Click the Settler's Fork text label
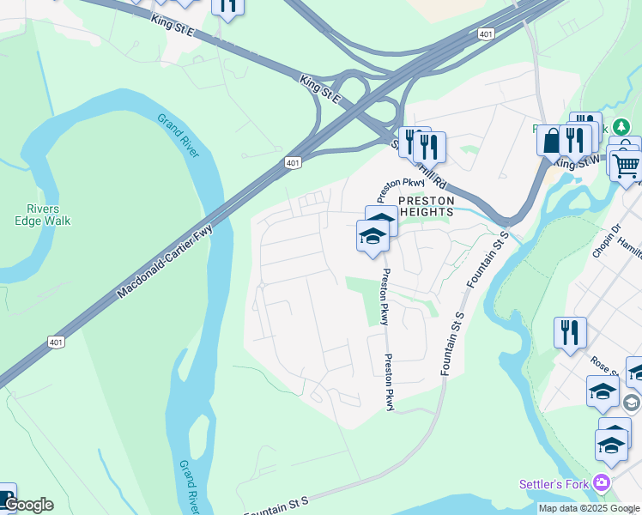coord(554,484)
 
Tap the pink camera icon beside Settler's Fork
coord(602,484)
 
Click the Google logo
coord(28,505)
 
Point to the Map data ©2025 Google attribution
coord(589,508)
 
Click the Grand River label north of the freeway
coord(178,136)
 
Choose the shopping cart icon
coord(627,164)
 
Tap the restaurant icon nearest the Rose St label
coord(570,332)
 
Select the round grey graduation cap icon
coord(632,402)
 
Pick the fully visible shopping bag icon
coord(550,140)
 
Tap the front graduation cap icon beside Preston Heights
coord(372,236)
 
